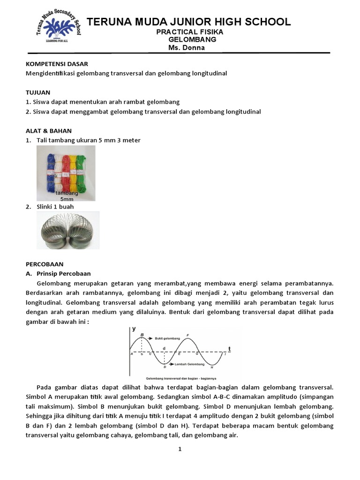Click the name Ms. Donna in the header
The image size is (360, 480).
tap(187, 47)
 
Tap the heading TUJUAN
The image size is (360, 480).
tap(38, 92)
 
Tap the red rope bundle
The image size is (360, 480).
tap(65, 171)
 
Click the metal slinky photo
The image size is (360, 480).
tap(67, 230)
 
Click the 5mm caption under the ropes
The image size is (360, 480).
tap(67, 199)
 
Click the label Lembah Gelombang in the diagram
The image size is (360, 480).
tap(189, 364)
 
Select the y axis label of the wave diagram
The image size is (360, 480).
tap(133, 330)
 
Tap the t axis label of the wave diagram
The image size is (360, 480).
tap(229, 348)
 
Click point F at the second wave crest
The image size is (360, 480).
tap(188, 335)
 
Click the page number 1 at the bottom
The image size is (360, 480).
tap(180, 449)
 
